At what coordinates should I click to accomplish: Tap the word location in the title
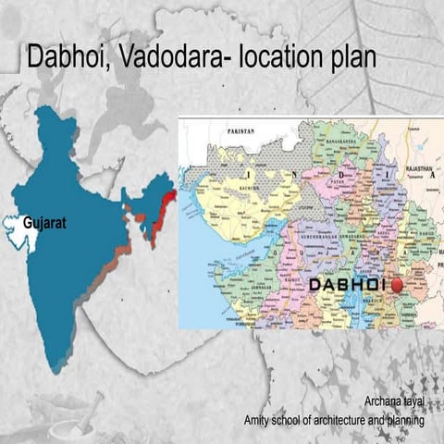278,56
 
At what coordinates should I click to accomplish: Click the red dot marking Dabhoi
399,285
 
